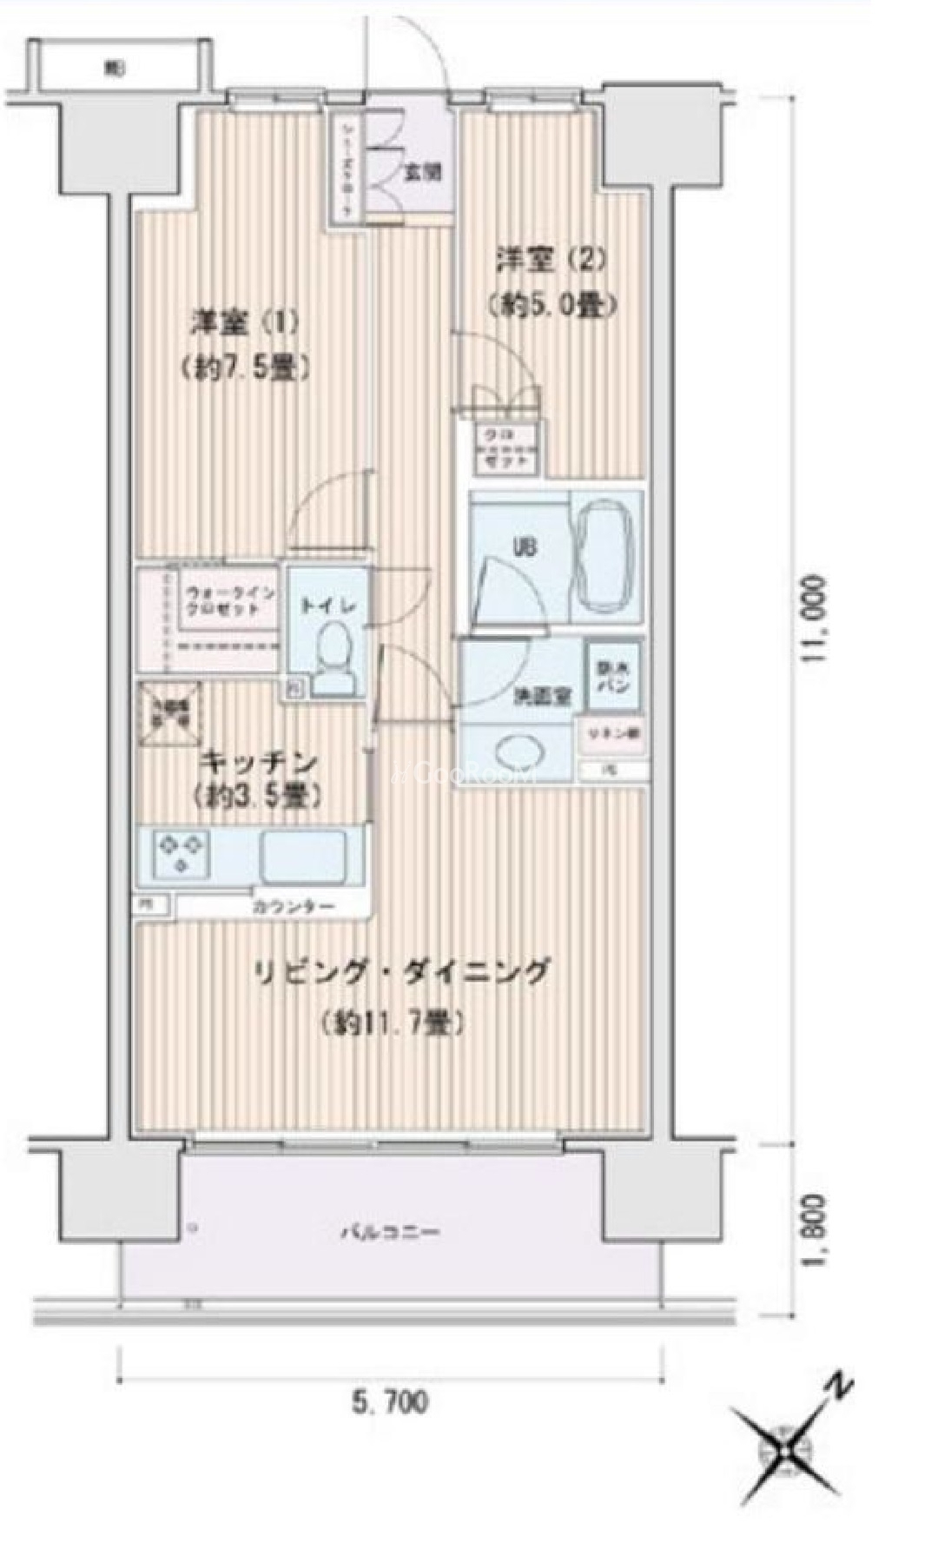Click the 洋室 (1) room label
246,323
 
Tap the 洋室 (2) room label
550,259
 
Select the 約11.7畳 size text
393,1023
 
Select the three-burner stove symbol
182,853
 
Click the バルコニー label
389,1232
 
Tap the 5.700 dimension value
389,1401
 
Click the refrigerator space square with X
169,714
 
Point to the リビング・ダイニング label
402,971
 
